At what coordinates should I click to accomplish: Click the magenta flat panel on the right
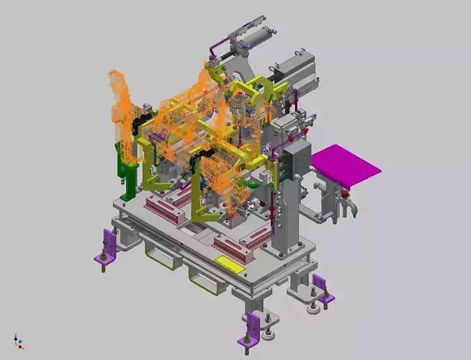pos(345,164)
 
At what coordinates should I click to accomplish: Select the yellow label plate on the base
pos(229,264)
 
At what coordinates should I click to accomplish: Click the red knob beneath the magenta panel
pos(344,192)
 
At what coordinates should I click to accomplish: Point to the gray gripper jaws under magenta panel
pos(344,209)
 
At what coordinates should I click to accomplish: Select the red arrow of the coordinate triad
pos(22,347)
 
